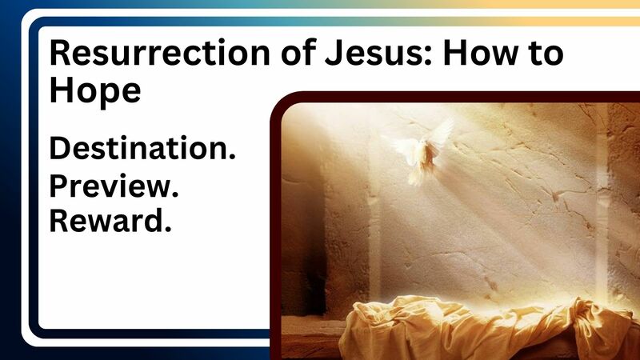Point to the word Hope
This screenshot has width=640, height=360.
pyautogui.click(x=95, y=91)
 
